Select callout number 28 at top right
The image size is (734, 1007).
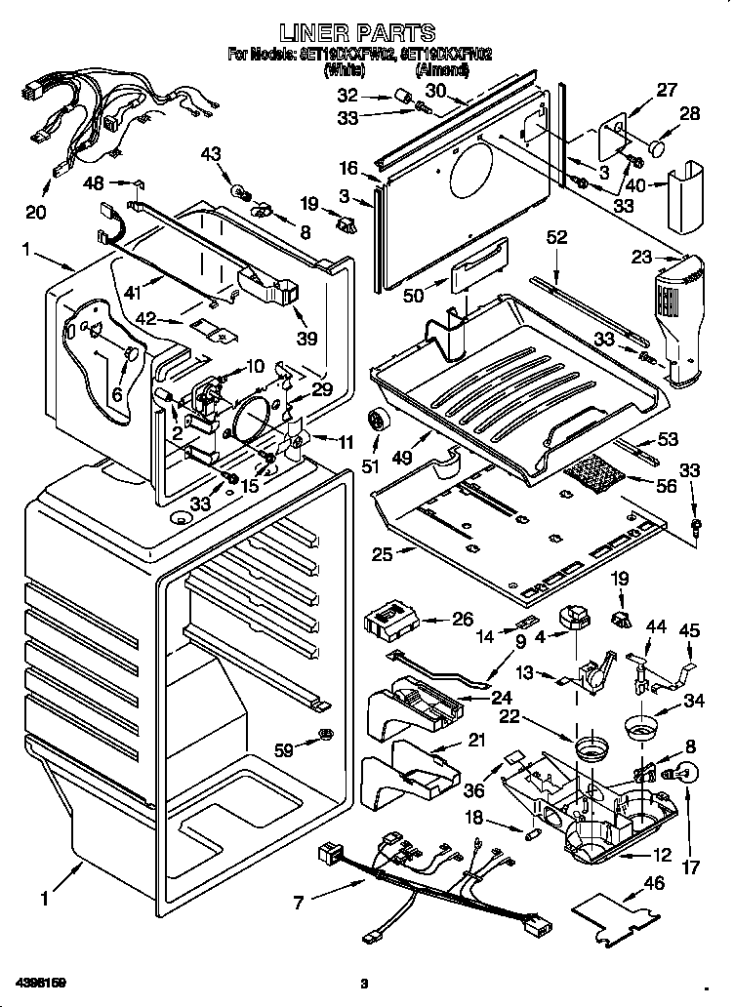(689, 113)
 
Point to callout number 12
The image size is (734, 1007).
(663, 855)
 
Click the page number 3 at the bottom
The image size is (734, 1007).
(363, 983)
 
